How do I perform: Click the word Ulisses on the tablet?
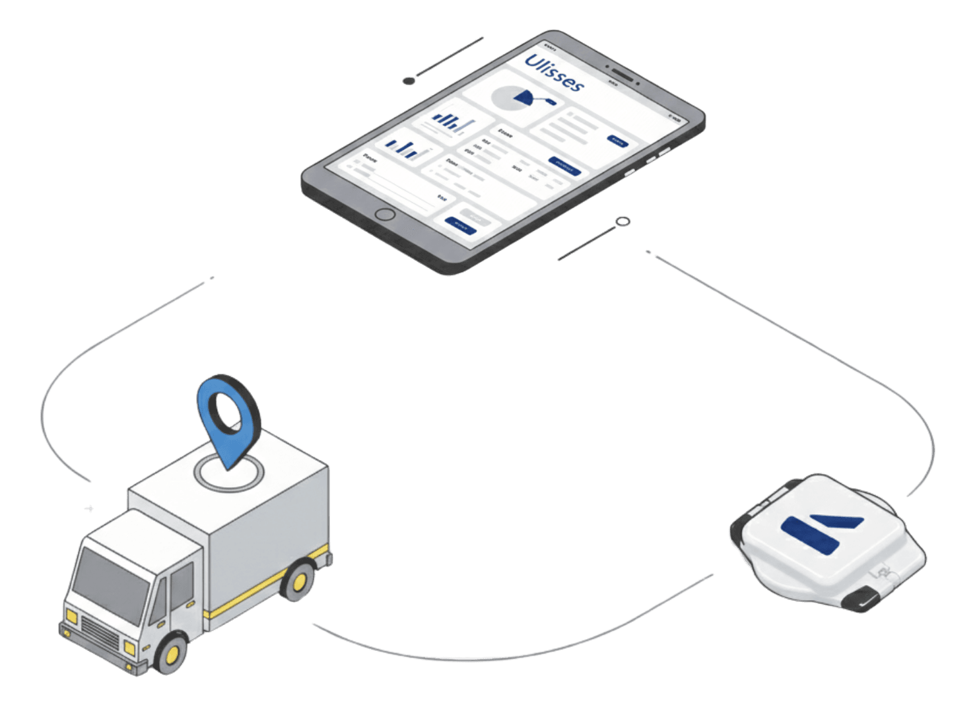[554, 73]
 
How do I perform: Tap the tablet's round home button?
[384, 214]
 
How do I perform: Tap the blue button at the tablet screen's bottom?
[460, 225]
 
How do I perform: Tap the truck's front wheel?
[171, 653]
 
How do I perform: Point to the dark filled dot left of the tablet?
[409, 81]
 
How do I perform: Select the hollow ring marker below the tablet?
[623, 222]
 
